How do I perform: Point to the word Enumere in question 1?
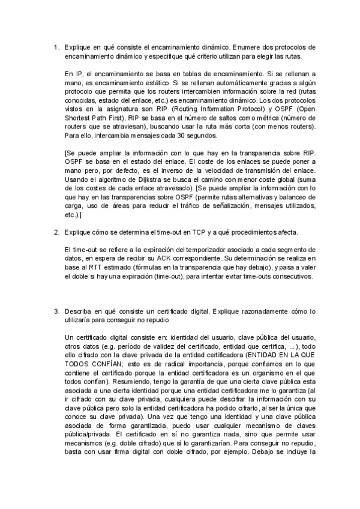coord(246,47)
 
